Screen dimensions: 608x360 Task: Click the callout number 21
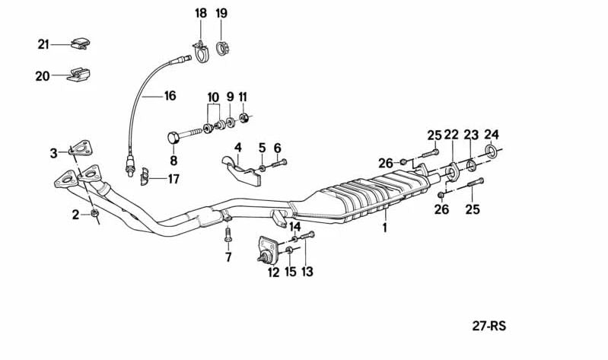point(43,45)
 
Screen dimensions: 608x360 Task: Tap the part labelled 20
point(78,75)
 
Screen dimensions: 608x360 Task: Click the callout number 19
point(221,13)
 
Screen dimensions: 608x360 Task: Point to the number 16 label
point(170,95)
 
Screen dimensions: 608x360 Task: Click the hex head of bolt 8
point(173,137)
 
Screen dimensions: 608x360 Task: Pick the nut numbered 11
point(244,117)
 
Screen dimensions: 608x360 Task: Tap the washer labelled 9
point(230,122)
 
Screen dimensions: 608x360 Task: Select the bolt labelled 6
point(279,164)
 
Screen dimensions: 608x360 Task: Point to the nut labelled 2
point(94,212)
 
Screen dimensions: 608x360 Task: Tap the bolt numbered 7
point(228,235)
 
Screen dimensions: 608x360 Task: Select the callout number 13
point(307,272)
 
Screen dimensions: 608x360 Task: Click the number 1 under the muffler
point(384,228)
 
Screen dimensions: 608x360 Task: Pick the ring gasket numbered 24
point(492,151)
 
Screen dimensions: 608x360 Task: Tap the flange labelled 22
point(452,173)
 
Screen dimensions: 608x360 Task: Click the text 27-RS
point(489,326)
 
